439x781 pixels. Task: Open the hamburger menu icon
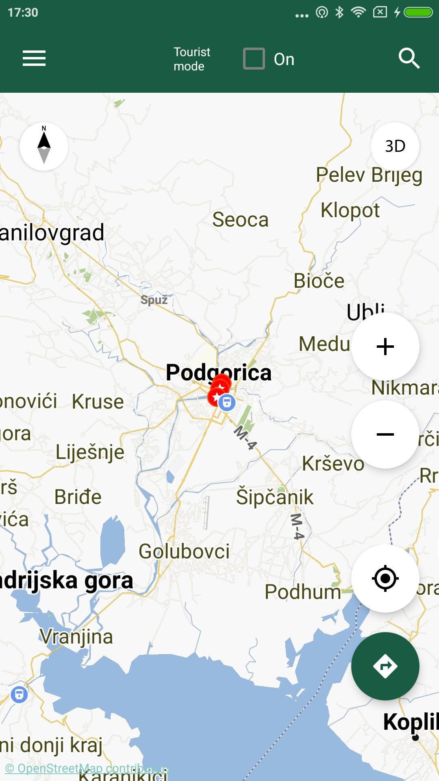coord(34,58)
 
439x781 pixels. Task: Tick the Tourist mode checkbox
coord(254,59)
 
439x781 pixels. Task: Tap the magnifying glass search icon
coord(409,58)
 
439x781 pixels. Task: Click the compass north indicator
coord(44,146)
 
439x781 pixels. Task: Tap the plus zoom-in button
coord(385,347)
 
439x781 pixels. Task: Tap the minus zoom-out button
coord(385,434)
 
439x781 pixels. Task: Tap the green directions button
coord(385,666)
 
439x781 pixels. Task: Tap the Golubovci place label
coord(184,551)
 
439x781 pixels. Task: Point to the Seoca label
coord(240,220)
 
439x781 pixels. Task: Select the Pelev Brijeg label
coord(369,175)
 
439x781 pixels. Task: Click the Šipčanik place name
coord(275,497)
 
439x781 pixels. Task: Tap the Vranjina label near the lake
coord(76,637)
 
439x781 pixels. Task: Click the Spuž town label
coord(154,300)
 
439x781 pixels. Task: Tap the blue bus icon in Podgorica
coord(227,402)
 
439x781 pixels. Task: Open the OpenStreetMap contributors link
coord(87,768)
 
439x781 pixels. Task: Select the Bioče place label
coord(319,281)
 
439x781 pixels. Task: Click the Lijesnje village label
coord(90,452)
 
